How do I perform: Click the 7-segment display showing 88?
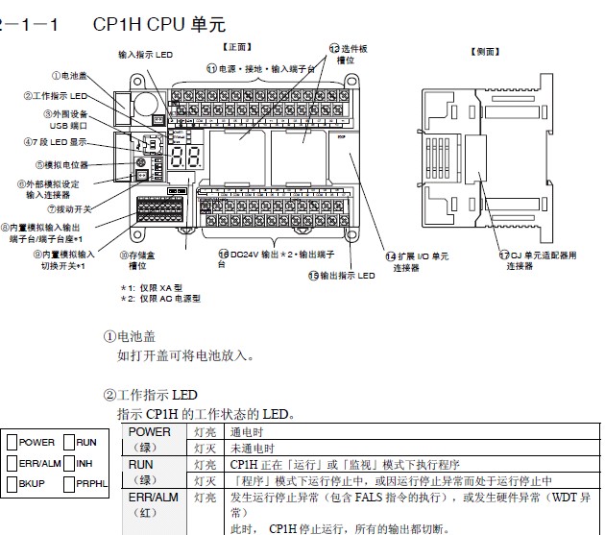pos(192,160)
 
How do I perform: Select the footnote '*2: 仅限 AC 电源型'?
pos(160,299)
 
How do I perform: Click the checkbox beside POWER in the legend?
pos(12,443)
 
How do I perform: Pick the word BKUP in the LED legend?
pos(33,484)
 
